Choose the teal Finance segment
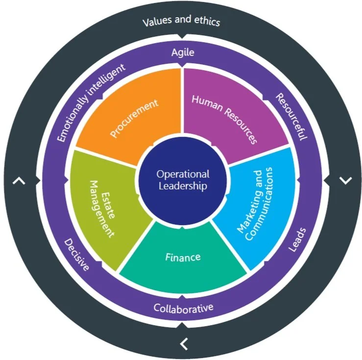pos(183,257)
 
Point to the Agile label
pos(182,52)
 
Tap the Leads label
pos(296,240)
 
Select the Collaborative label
pos(183,308)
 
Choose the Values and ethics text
pos(181,22)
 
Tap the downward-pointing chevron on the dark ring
pos(346,180)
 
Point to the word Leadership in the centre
pos(183,186)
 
